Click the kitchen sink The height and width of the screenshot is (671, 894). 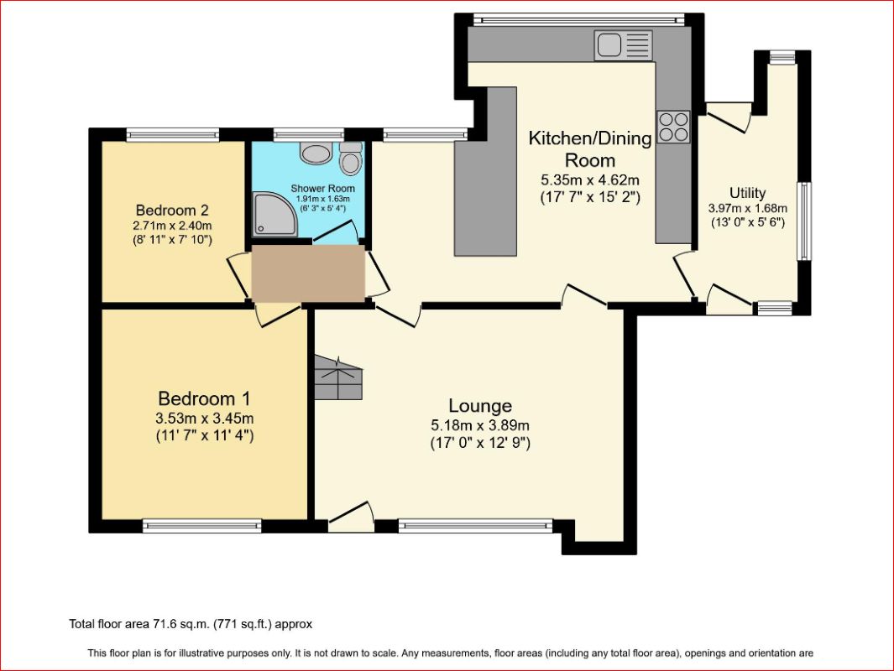point(623,45)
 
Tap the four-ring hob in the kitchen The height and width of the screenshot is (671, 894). point(673,127)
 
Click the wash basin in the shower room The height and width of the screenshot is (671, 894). point(316,153)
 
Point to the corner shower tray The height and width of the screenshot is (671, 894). point(274,214)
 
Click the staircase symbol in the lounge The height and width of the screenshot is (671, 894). point(338,377)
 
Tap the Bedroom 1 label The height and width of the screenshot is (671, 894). point(204,398)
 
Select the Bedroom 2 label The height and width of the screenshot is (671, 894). point(172,211)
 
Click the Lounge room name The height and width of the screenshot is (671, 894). point(480,406)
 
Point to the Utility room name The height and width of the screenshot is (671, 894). point(747,193)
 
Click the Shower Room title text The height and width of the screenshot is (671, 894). point(322,189)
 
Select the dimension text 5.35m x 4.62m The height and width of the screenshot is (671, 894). point(590,180)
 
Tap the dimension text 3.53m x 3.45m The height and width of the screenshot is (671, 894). point(205,419)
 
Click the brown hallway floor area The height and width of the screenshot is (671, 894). point(308,274)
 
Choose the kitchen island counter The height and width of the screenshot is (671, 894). point(485,171)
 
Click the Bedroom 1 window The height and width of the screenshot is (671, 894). point(201,525)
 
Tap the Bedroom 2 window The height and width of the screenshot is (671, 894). point(173,135)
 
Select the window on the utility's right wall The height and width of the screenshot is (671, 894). point(804,221)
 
